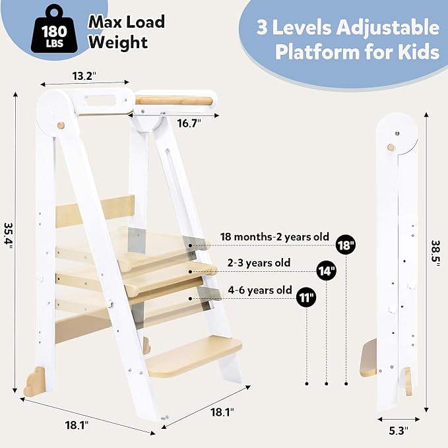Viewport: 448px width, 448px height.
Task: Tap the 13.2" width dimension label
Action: point(84,76)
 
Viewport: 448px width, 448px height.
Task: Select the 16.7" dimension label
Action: point(189,123)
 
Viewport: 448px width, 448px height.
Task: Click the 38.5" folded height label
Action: point(436,253)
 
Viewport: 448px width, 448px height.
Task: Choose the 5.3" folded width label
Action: point(399,431)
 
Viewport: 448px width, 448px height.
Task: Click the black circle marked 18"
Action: point(346,245)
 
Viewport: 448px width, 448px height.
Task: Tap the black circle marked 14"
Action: point(327,271)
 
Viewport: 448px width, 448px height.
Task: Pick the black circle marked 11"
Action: point(306,298)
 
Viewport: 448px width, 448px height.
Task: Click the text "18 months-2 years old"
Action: point(274,237)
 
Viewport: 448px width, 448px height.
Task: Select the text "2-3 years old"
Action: point(259,263)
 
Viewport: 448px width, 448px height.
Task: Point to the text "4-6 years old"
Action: point(260,290)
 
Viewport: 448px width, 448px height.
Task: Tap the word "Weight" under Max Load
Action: point(118,42)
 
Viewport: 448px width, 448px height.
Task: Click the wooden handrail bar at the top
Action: point(174,100)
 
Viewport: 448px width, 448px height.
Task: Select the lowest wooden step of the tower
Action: point(194,356)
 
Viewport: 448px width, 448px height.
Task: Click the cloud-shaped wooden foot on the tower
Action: point(34,382)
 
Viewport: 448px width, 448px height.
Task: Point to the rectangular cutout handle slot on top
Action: point(100,100)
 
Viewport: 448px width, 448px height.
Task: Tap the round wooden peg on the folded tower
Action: point(391,147)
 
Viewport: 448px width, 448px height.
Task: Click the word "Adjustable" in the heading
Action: point(388,28)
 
